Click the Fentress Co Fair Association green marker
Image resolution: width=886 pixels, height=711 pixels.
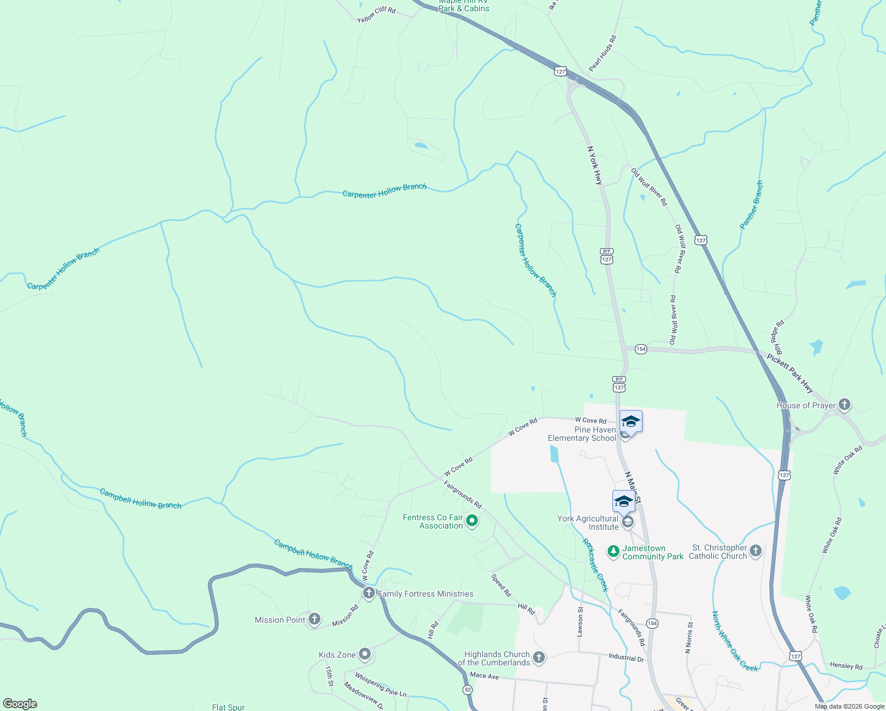coord(472,521)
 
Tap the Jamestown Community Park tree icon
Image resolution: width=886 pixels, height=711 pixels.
coord(614,552)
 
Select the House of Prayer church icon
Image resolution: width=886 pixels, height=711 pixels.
coord(845,405)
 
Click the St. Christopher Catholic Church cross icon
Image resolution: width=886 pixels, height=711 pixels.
coord(755,552)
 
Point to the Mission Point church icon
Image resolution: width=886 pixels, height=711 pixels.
coord(314,620)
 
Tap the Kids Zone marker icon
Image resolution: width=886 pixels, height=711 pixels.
coord(365,655)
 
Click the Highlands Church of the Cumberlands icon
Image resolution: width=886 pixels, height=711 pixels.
coord(538,657)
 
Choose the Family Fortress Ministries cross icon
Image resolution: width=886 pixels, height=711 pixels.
coord(368,593)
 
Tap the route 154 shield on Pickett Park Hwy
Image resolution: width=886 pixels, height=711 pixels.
coord(641,349)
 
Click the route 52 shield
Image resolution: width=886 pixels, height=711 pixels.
coord(468,690)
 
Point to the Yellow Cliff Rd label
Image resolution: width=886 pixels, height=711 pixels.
coord(376,14)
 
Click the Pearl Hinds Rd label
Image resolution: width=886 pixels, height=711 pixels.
coord(603,53)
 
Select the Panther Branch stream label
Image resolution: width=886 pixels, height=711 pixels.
coord(752,205)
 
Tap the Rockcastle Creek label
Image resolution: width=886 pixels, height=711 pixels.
coord(595,565)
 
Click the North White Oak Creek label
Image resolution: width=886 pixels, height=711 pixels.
coord(734,641)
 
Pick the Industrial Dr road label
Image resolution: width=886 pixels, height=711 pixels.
coord(626,658)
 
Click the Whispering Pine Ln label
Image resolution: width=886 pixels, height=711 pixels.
coord(381,684)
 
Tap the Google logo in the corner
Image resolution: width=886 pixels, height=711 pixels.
coord(20,704)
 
